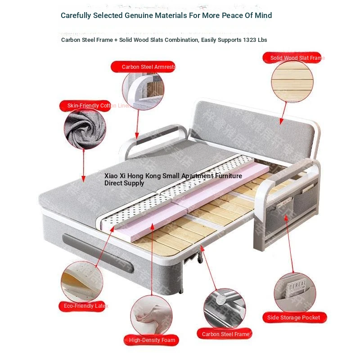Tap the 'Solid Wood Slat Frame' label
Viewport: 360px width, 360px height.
point(292,58)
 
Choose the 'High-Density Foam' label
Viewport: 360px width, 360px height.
point(152,340)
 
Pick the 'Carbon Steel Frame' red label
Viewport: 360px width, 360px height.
point(225,334)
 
